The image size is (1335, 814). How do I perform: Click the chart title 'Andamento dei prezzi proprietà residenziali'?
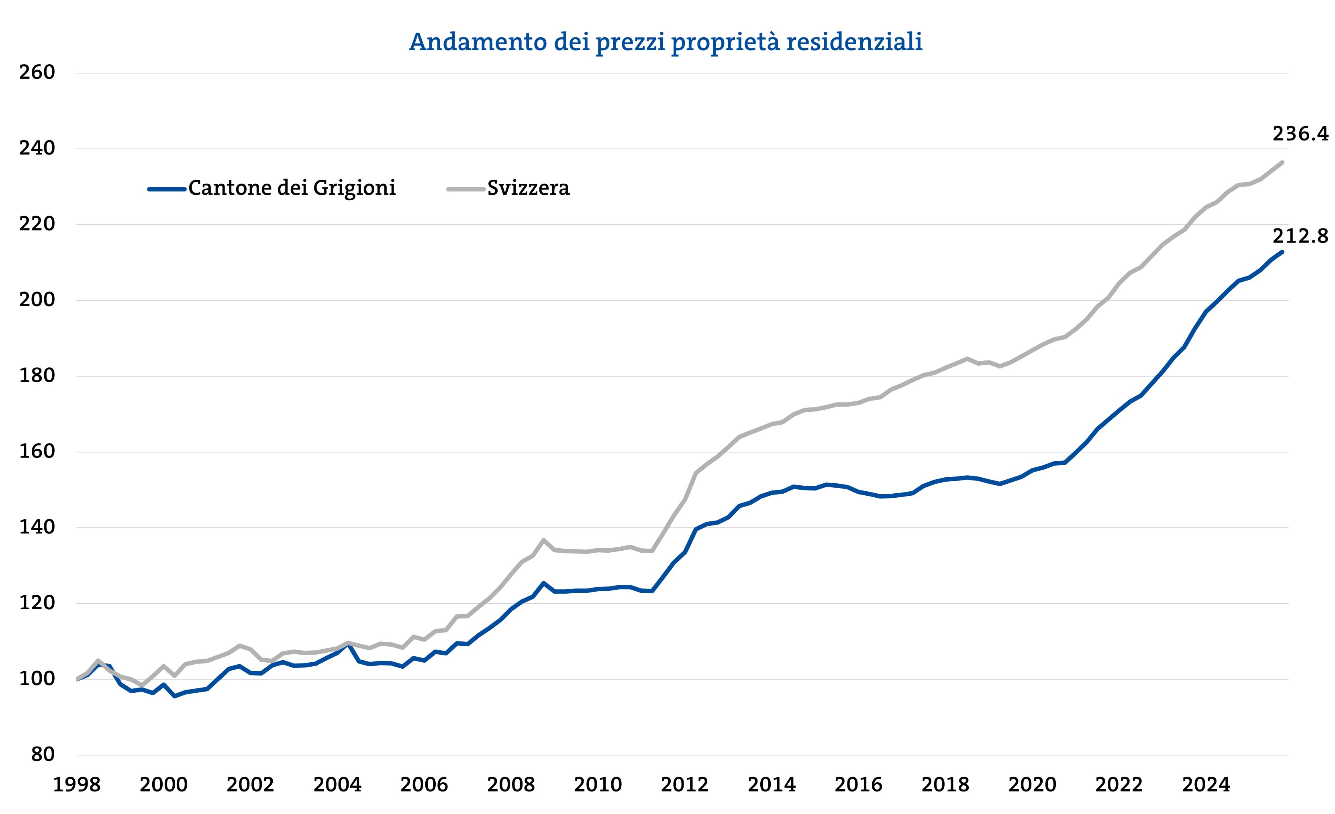click(665, 42)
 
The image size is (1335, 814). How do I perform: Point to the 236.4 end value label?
click(1300, 134)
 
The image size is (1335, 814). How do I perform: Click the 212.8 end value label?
click(1300, 236)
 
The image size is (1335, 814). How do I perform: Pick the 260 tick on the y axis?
click(37, 73)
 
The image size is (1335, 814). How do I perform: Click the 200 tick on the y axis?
click(37, 300)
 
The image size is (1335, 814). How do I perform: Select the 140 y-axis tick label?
click(37, 527)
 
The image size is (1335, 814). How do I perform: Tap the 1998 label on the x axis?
click(76, 785)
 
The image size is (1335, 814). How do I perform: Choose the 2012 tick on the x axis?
click(684, 785)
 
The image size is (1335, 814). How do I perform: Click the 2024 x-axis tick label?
click(1206, 785)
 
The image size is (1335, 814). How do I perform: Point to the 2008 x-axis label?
click(511, 785)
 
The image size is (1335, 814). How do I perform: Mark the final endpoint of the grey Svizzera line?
click(1282, 162)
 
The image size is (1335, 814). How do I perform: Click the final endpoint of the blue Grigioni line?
click(1282, 252)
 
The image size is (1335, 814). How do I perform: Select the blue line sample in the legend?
click(167, 189)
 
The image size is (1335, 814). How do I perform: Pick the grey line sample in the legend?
click(465, 189)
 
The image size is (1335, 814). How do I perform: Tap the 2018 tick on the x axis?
click(945, 785)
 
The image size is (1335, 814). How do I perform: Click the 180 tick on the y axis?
click(37, 376)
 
